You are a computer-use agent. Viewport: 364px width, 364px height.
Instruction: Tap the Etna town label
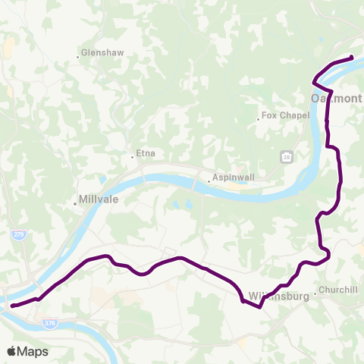146,154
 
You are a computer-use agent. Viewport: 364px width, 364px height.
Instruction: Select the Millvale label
99,202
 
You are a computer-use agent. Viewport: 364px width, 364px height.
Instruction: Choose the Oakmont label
337,99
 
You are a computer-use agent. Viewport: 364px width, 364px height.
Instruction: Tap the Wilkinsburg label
279,297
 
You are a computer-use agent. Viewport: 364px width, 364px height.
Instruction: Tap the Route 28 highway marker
287,156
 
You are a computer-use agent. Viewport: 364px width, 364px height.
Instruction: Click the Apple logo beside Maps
12,351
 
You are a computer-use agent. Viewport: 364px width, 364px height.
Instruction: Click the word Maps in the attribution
34,351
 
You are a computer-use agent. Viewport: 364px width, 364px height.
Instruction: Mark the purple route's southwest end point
13,306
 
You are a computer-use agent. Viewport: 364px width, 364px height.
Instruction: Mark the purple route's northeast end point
352,58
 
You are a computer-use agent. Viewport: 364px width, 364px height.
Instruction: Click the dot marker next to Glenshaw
78,55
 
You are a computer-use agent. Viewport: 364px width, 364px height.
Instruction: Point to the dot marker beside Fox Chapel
258,117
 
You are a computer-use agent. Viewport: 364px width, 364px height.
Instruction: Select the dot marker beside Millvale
74,203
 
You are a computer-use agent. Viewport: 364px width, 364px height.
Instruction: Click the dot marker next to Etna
133,157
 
